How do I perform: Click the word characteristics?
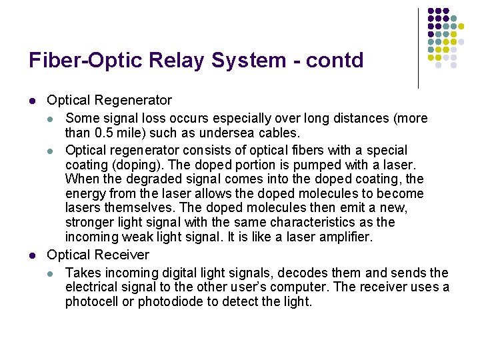tap(315, 223)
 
